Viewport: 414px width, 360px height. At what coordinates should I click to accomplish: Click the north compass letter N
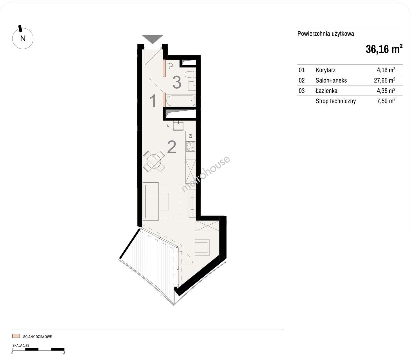click(23, 38)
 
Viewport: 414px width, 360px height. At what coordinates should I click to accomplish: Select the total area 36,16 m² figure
click(384, 49)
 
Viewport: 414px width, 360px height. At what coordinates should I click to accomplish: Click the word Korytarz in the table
click(325, 70)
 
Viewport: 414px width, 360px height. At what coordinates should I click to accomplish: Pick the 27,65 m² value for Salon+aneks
click(384, 80)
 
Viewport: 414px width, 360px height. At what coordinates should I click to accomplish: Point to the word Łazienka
click(326, 90)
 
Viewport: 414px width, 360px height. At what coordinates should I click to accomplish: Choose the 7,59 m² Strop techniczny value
click(386, 101)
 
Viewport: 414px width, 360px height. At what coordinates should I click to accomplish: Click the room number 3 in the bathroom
click(177, 82)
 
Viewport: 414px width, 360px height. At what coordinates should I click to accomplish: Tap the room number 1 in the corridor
click(153, 101)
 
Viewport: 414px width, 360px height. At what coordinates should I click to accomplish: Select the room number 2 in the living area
click(172, 147)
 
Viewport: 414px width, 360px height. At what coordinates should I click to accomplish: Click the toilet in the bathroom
click(190, 74)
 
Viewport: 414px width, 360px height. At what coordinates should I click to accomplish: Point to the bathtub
click(180, 101)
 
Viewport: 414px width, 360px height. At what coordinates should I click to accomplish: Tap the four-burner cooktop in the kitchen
click(191, 147)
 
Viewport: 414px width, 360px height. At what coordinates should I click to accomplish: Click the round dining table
click(154, 161)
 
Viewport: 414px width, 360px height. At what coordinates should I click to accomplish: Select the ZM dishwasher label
click(190, 136)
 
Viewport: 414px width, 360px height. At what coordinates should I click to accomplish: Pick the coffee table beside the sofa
click(165, 202)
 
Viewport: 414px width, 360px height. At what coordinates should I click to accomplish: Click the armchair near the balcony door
click(202, 247)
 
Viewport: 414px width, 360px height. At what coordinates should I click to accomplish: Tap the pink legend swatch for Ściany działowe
click(16, 336)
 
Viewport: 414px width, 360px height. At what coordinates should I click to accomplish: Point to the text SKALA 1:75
click(21, 346)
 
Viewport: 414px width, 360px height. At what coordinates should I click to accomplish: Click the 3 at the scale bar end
click(64, 353)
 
